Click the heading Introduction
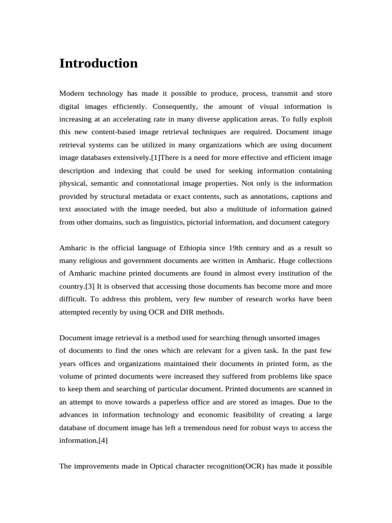point(99,63)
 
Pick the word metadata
point(157,196)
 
